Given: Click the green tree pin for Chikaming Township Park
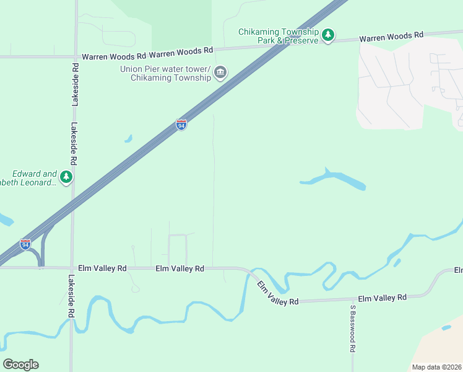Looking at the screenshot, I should point(329,35).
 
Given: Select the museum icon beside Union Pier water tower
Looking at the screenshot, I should point(220,74).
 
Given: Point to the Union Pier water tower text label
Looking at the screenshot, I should point(166,73).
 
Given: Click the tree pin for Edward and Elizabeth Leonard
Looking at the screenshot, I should point(66,177).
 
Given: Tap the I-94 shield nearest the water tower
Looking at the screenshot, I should point(181,125).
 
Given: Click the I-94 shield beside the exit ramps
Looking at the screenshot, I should point(25,244).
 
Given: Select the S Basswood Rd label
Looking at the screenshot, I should point(352,329).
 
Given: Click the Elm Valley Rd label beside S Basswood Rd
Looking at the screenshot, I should point(382,298).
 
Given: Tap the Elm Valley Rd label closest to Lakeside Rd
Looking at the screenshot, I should point(102,268).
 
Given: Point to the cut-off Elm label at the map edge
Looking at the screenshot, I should point(458,270).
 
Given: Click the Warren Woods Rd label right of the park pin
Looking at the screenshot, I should point(391,37).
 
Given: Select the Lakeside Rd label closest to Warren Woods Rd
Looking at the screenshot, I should point(75,84).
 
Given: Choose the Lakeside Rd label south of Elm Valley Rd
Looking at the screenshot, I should point(71,296).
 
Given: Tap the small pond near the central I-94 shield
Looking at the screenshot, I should point(128,139).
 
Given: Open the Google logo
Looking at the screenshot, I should point(20,365).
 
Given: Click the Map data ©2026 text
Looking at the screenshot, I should point(436,367).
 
